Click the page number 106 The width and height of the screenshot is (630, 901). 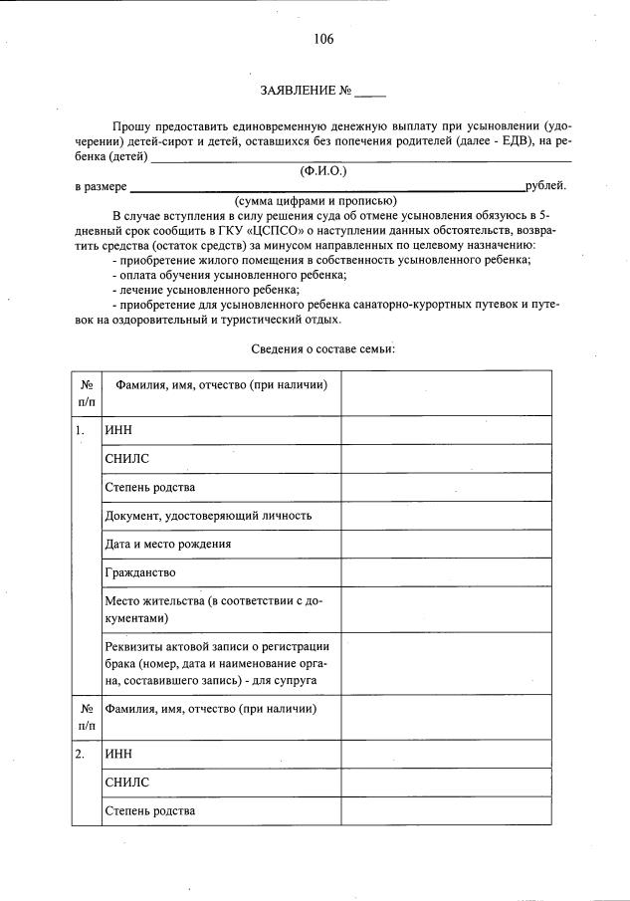tap(322, 40)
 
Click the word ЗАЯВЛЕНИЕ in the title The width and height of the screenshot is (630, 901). tap(298, 91)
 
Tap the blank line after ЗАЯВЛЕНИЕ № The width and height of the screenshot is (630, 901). tap(370, 92)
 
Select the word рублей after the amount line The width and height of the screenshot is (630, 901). tap(545, 186)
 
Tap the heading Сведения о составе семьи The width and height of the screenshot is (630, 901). tap(322, 348)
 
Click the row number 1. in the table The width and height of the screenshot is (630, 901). tap(80, 430)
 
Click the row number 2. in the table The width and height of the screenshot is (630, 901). tap(80, 754)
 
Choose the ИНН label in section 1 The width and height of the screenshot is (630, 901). tap(118, 430)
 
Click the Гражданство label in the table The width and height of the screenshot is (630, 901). tap(140, 572)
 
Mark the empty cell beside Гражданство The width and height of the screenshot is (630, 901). tap(446, 572)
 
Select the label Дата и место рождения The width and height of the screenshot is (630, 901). tap(168, 545)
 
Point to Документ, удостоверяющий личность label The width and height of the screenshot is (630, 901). tap(208, 516)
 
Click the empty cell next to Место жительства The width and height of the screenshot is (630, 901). tap(446, 609)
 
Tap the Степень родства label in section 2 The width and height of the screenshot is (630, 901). tap(150, 810)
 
